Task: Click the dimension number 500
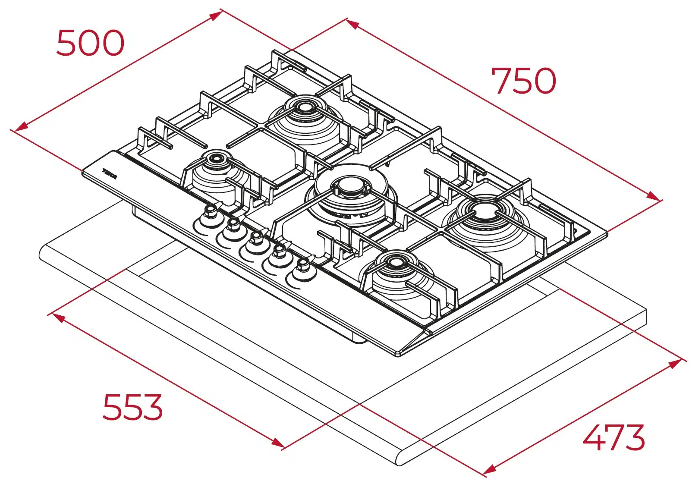tap(90, 43)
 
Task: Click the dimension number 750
tap(523, 81)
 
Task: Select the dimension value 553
tap(132, 407)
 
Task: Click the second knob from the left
tap(233, 224)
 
